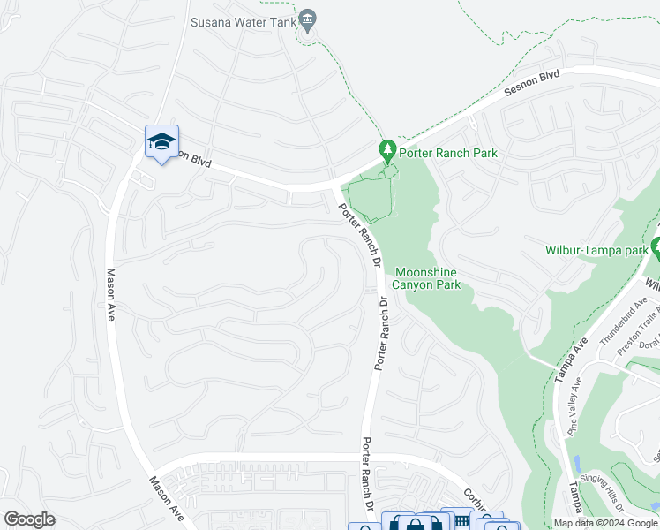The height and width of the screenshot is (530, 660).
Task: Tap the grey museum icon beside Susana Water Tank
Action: coord(308,20)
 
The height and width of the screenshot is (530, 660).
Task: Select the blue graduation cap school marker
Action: coord(162,141)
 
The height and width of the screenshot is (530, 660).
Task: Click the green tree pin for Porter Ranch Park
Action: coord(386,151)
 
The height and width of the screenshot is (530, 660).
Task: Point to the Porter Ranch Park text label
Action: coord(448,153)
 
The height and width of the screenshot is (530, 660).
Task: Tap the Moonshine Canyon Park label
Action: coord(428,278)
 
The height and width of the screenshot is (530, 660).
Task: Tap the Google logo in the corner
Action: coord(29,519)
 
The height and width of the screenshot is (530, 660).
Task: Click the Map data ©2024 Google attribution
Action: coord(605,523)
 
